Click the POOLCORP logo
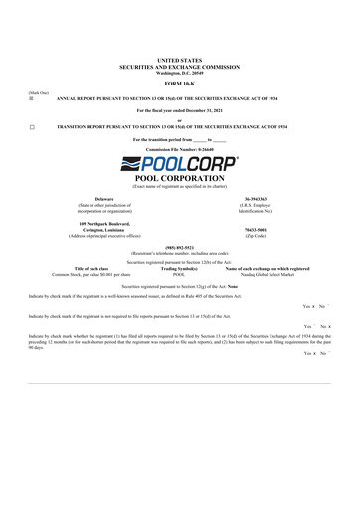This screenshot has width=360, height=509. coord(179,161)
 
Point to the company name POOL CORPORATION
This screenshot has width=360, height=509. coord(179,176)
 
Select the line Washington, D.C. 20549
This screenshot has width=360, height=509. coord(179,72)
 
